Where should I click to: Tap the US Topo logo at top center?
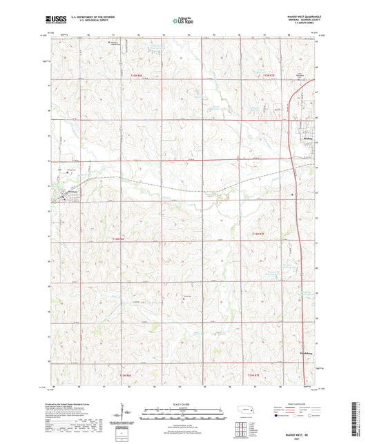pyautogui.click(x=183, y=21)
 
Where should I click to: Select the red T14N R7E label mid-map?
pyautogui.click(x=258, y=235)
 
